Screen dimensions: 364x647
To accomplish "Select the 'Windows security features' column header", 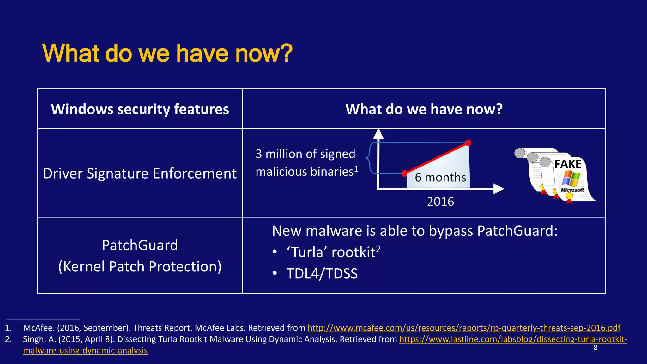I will point(140,109).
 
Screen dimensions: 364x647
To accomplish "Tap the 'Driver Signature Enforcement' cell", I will point(140,173).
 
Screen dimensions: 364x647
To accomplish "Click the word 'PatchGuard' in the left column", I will point(140,245).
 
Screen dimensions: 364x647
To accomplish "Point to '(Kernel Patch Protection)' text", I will point(140,266).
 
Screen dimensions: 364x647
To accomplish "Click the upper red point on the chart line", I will point(468,143).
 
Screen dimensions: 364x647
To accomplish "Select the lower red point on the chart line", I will point(404,173).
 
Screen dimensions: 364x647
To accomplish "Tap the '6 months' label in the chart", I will point(440,178).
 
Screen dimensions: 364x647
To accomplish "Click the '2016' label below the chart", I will point(440,202).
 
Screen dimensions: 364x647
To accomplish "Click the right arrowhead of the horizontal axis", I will point(499,189).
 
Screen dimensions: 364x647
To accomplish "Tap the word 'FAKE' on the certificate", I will point(568,164).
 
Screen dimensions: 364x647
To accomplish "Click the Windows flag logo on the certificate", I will point(571,179).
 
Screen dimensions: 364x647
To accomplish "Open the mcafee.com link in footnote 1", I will point(464,328).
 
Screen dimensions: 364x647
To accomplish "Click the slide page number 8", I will point(596,348).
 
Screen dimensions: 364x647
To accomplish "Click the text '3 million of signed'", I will point(305,154).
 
